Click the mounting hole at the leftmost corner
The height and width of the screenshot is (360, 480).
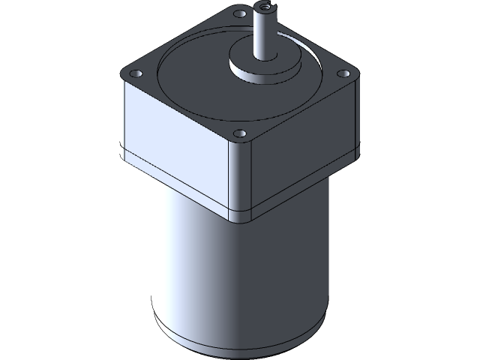point(136,74)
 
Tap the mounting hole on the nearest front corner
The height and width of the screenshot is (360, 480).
point(239,133)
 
